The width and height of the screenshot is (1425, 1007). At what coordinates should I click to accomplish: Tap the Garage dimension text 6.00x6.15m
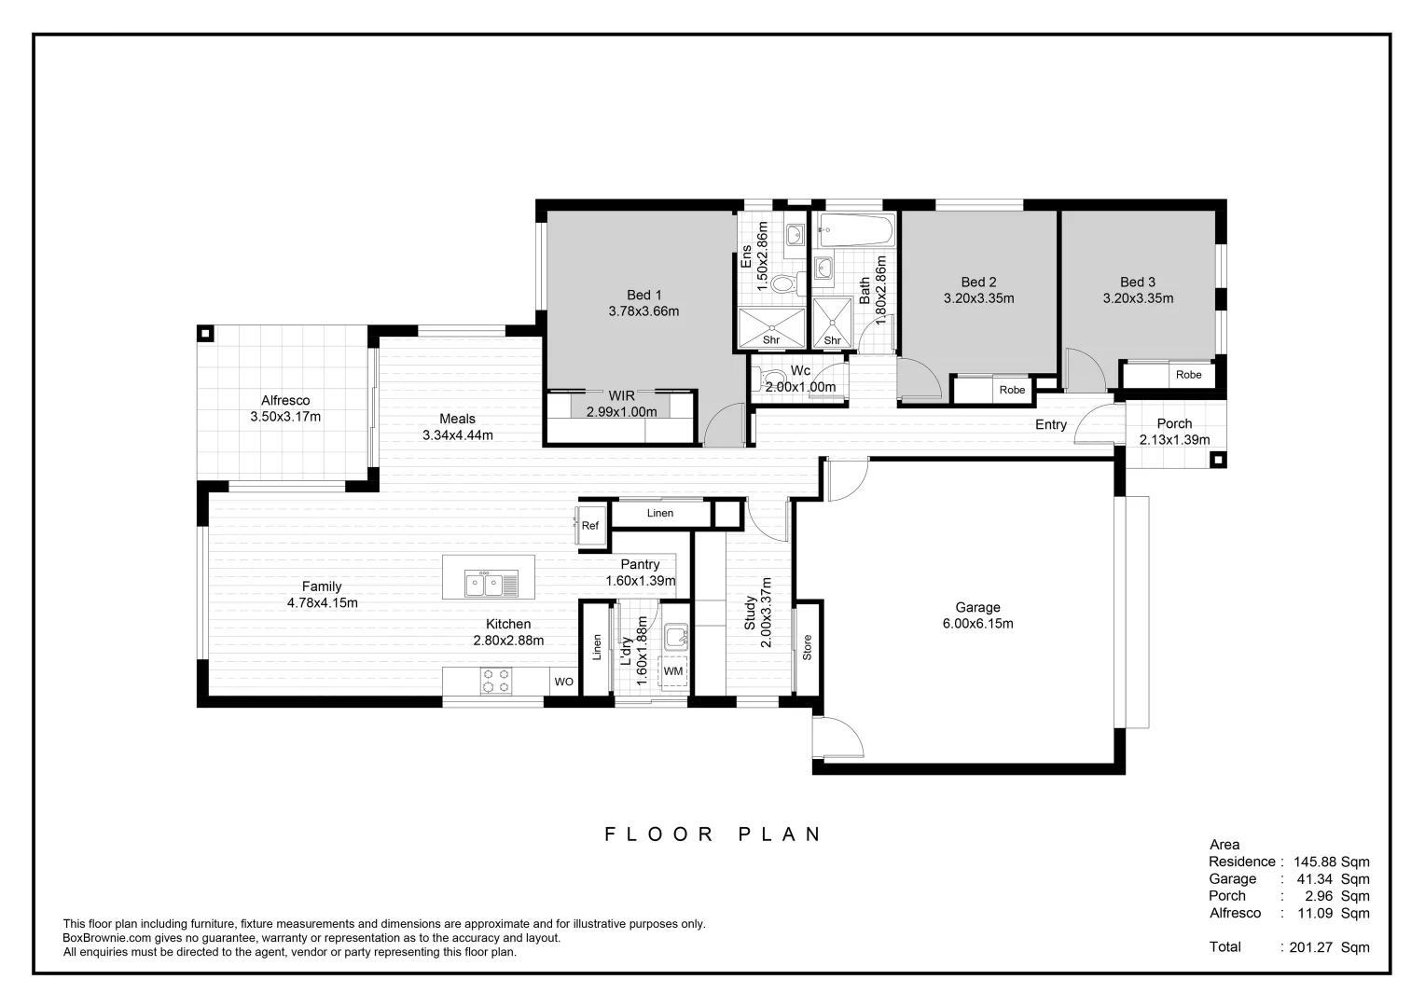(x=977, y=624)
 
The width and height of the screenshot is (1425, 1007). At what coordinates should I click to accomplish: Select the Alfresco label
(x=285, y=401)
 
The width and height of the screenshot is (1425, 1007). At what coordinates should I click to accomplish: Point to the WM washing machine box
(x=673, y=671)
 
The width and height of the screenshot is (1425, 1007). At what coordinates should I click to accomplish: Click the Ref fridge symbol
(x=589, y=526)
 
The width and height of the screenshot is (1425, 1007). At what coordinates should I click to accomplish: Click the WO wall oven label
(x=563, y=682)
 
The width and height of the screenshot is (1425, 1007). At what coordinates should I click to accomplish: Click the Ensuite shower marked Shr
(x=771, y=328)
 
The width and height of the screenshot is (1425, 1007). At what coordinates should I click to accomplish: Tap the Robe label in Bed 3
(x=1188, y=375)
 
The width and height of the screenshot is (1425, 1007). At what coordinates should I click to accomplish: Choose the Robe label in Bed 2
(x=1012, y=390)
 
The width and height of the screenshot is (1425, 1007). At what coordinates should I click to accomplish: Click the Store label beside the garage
(x=808, y=647)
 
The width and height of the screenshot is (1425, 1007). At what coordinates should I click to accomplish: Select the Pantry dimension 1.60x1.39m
(x=640, y=581)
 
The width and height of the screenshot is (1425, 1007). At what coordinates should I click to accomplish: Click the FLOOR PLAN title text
(x=713, y=834)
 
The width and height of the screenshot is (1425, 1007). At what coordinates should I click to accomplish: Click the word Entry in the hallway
(x=1051, y=425)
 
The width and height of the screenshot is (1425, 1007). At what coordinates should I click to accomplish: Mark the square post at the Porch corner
(x=1218, y=459)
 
